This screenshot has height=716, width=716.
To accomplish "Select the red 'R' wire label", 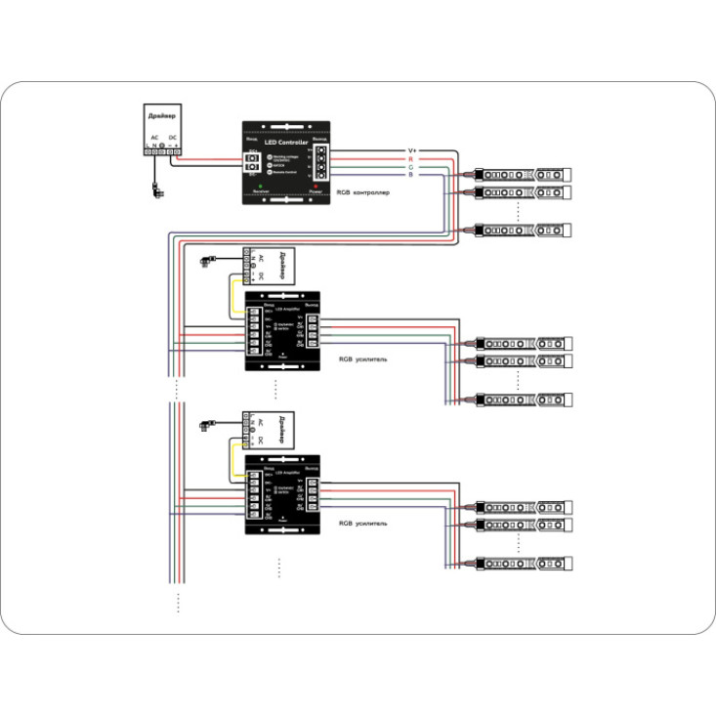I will [411, 158].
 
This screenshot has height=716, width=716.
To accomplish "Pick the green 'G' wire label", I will [411, 167].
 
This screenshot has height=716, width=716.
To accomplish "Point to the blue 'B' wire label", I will [411, 175].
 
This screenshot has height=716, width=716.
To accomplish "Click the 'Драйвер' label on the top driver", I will [162, 116].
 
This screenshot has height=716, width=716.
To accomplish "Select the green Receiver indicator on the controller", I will [259, 186].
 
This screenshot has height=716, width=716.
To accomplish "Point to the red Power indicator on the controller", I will [315, 186].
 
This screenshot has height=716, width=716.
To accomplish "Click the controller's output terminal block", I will [319, 160].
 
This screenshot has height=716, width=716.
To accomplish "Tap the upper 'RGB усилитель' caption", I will [362, 359].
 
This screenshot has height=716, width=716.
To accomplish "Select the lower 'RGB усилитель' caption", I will [362, 524].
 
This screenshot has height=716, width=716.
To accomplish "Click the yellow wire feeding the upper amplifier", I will [232, 295].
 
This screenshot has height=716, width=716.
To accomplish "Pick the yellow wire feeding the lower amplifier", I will [232, 457].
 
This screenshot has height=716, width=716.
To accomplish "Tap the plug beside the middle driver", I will [207, 260].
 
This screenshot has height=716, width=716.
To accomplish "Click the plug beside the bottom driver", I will [207, 424].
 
